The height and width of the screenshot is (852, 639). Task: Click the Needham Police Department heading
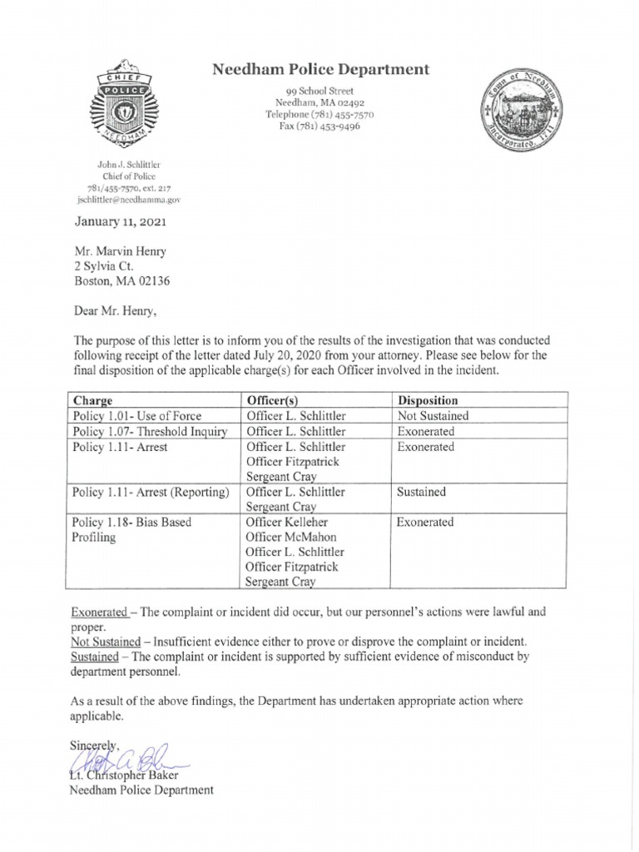321,70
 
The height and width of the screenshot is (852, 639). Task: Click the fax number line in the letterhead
320,126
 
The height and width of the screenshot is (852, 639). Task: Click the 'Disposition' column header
428,400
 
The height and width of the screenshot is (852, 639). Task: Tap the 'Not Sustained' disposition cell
433,415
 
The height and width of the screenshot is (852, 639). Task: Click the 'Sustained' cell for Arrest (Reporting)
422,492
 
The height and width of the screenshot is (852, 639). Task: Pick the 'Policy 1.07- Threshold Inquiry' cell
150,431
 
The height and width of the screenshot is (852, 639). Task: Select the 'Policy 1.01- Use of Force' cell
137,415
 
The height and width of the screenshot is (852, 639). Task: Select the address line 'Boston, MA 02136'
124,282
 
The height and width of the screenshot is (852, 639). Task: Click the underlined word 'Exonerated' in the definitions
100,612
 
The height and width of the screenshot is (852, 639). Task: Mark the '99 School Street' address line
320,90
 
